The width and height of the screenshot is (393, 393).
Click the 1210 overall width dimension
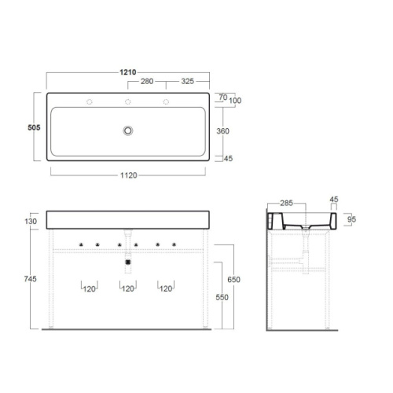(128, 72)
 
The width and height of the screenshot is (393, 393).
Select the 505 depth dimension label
(34, 127)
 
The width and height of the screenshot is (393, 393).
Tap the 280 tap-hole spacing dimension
(147, 81)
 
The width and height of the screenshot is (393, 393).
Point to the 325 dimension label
(188, 81)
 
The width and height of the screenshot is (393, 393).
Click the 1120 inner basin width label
(129, 175)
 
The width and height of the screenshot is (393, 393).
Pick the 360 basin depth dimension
(223, 131)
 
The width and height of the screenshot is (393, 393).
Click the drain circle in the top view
(128, 130)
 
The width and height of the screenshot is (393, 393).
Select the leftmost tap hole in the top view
(90, 101)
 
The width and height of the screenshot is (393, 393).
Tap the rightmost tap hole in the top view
(166, 101)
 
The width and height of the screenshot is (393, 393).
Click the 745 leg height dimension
(31, 279)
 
